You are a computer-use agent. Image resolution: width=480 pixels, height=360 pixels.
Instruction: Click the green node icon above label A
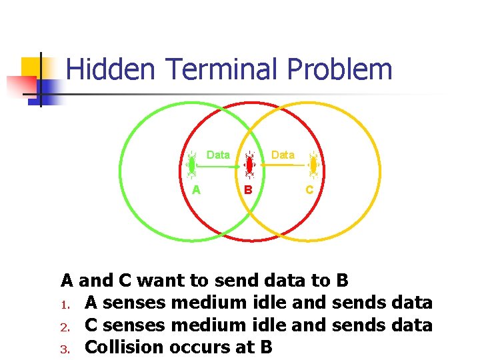tap(192, 164)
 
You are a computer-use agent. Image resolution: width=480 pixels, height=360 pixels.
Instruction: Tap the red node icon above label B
tap(249, 164)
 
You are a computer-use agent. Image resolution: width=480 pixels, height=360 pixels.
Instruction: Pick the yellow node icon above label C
tap(313, 164)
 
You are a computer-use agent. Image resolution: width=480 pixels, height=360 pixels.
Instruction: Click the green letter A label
tap(196, 189)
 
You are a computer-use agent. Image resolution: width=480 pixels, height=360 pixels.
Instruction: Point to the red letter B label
tap(248, 189)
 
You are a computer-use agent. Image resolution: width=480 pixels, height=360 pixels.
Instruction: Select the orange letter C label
tap(309, 189)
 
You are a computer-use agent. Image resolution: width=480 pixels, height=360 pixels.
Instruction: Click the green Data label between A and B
tap(218, 155)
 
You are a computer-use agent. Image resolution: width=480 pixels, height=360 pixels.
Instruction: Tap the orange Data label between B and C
tap(283, 155)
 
